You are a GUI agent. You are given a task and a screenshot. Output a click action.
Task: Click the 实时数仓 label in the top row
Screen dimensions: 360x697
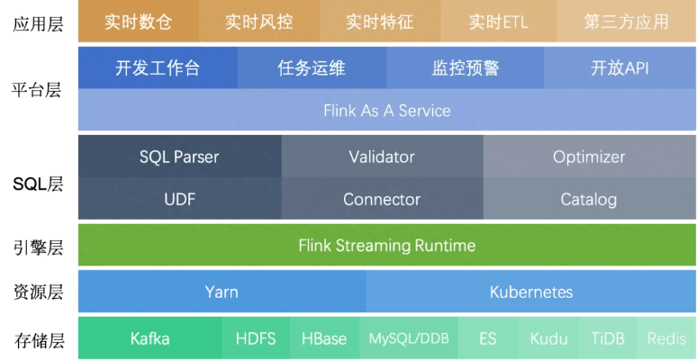pyautogui.click(x=138, y=22)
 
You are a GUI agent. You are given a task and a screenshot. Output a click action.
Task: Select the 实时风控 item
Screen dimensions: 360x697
pyautogui.click(x=259, y=22)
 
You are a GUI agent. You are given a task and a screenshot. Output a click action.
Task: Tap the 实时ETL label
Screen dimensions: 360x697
pyautogui.click(x=498, y=22)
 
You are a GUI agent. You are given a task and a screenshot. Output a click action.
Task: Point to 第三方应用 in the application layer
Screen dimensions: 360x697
pyautogui.click(x=626, y=22)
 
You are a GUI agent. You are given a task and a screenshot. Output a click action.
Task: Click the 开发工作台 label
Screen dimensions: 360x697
pyautogui.click(x=158, y=68)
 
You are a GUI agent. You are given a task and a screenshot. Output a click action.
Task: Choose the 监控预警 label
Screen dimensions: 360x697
pyautogui.click(x=466, y=68)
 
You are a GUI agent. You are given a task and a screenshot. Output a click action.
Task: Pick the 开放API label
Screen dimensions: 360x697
pyautogui.click(x=620, y=68)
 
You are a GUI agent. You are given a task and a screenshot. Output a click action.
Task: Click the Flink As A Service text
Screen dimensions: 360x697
pyautogui.click(x=387, y=111)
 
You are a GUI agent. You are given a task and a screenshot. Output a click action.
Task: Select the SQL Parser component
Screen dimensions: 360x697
pyautogui.click(x=179, y=157)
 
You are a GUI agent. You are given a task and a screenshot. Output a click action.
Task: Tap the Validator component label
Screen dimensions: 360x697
pyautogui.click(x=382, y=157)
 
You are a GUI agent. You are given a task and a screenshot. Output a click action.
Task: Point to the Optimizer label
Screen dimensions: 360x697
pyautogui.click(x=589, y=157)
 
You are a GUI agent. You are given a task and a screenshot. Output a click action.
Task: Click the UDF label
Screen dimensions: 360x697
pyautogui.click(x=180, y=199)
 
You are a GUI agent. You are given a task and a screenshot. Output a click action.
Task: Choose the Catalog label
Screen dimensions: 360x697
pyautogui.click(x=589, y=199)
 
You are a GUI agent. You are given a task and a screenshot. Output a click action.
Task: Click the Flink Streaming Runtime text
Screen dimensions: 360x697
pyautogui.click(x=387, y=245)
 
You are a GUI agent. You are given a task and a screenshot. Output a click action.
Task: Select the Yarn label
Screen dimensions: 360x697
pyautogui.click(x=222, y=292)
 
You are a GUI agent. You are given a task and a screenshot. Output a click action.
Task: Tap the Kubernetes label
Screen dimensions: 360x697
pyautogui.click(x=531, y=292)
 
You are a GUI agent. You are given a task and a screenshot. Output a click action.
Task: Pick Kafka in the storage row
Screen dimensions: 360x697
pyautogui.click(x=149, y=338)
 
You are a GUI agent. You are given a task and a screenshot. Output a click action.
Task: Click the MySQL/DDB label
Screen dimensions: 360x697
pyautogui.click(x=409, y=338)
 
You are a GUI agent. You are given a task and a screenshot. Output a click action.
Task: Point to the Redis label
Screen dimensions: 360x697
pyautogui.click(x=666, y=338)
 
